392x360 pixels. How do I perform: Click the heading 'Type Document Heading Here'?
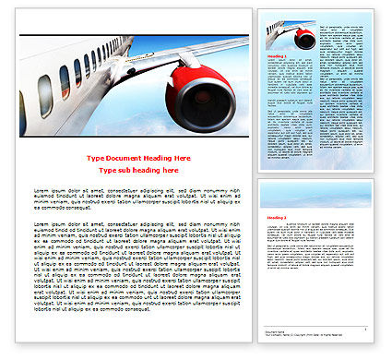tap(135, 159)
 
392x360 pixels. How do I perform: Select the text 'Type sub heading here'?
tap(135, 171)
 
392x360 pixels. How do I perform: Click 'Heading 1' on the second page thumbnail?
tap(276, 56)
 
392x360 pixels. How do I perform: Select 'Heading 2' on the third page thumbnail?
tap(276, 218)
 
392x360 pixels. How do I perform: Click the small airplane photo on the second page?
tap(291, 35)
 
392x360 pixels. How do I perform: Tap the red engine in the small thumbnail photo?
tap(304, 38)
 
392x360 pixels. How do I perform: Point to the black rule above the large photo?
tap(135, 35)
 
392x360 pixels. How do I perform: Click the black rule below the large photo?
tap(135, 136)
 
